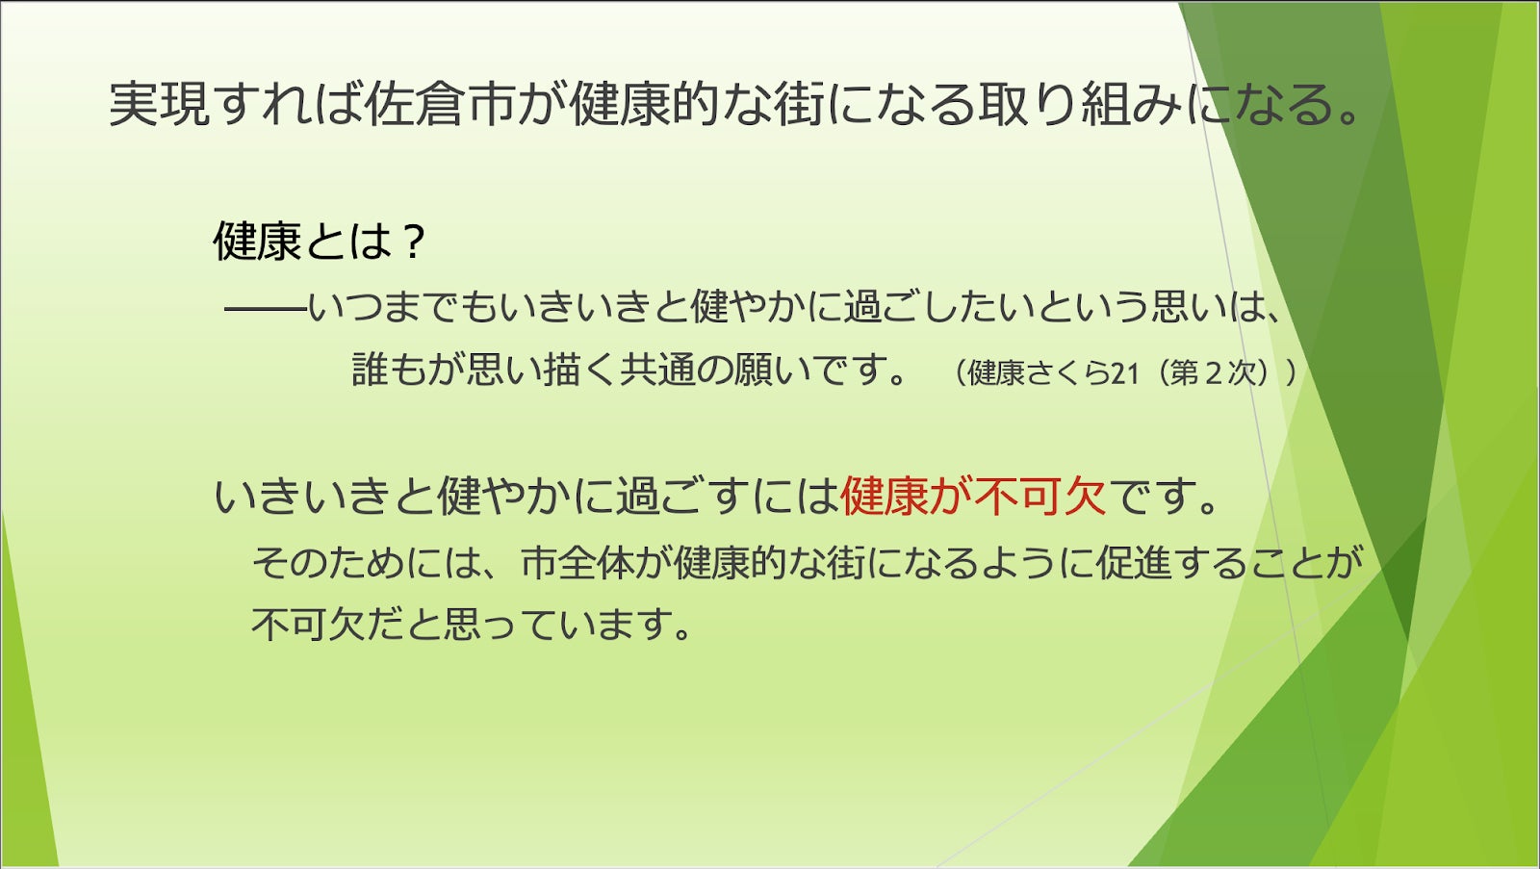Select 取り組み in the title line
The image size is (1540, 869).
point(1082,105)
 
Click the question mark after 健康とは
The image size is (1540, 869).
point(415,242)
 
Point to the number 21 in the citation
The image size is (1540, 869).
point(1125,373)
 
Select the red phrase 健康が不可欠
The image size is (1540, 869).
point(973,496)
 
